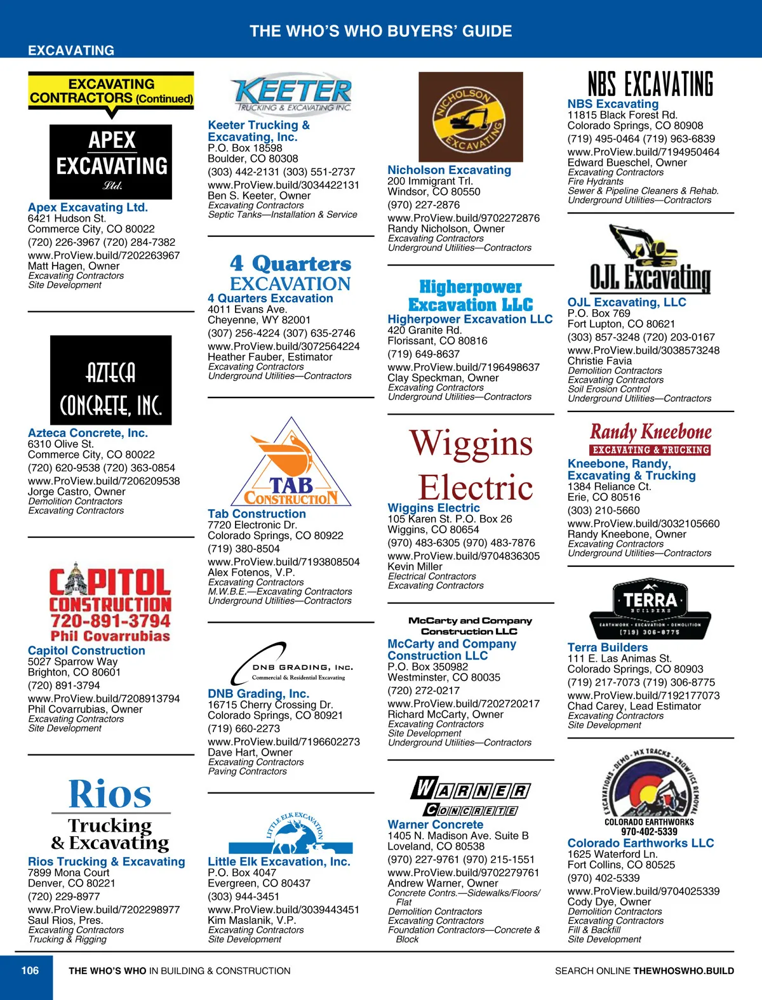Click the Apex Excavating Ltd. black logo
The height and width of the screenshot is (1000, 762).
point(111,162)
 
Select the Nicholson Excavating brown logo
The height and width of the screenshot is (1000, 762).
point(471,117)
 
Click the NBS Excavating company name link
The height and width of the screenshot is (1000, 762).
point(613,103)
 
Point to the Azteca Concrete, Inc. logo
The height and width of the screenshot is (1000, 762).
point(111,380)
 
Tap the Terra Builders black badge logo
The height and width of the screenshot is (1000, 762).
point(650,608)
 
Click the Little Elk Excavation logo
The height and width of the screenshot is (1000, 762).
point(291,832)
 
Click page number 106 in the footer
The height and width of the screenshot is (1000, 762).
point(30,970)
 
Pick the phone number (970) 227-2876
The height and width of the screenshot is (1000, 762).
point(424,205)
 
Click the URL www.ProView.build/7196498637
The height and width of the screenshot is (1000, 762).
point(464,367)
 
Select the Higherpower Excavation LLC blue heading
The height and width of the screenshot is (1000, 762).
point(470,319)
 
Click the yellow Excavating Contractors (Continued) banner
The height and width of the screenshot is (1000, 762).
point(111,91)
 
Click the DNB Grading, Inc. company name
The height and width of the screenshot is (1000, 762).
point(258,693)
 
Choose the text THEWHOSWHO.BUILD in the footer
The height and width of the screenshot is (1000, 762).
point(683,971)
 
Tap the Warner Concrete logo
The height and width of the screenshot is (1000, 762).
point(471,796)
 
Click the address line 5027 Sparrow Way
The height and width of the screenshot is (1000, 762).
point(72,662)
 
